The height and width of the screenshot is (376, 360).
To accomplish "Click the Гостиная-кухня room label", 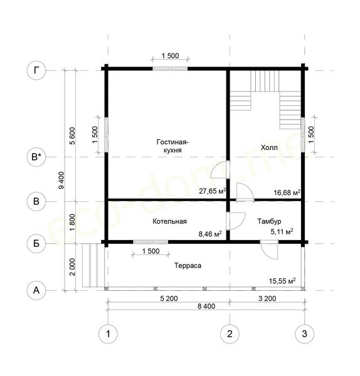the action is tap(172, 146).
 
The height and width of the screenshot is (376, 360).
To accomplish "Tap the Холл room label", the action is tap(269, 147).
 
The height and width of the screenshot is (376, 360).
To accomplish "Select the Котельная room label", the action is tap(169, 221).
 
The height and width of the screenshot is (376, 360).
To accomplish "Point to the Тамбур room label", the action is tap(269, 221).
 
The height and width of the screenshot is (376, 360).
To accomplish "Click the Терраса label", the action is tap(188, 266).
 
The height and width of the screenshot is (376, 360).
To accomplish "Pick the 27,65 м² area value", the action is tap(213, 191).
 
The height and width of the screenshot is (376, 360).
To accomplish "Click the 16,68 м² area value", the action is tap(287, 192).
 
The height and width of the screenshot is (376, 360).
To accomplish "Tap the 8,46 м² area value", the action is tap(210, 234).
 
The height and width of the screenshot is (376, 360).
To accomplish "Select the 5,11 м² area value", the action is tap(282, 232).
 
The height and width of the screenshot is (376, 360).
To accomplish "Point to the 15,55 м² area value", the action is tap(282, 281).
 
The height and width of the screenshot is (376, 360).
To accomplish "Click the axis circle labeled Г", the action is tap(36, 71).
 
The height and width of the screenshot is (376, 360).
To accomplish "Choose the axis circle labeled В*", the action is tap(36, 157).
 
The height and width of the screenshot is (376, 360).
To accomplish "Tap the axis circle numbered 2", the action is tap(230, 334).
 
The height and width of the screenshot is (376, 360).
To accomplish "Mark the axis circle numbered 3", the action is tap(305, 334).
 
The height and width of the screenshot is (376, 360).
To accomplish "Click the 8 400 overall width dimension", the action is tap(206, 306).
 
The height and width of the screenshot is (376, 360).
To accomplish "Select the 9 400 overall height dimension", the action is tap(61, 180).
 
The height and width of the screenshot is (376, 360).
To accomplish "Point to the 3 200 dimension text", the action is tap(267, 298).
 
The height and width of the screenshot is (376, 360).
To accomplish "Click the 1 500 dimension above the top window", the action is tap(170, 56).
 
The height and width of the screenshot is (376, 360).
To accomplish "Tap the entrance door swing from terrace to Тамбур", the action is tap(269, 250).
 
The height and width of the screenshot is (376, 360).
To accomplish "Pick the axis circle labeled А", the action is tap(36, 290).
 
